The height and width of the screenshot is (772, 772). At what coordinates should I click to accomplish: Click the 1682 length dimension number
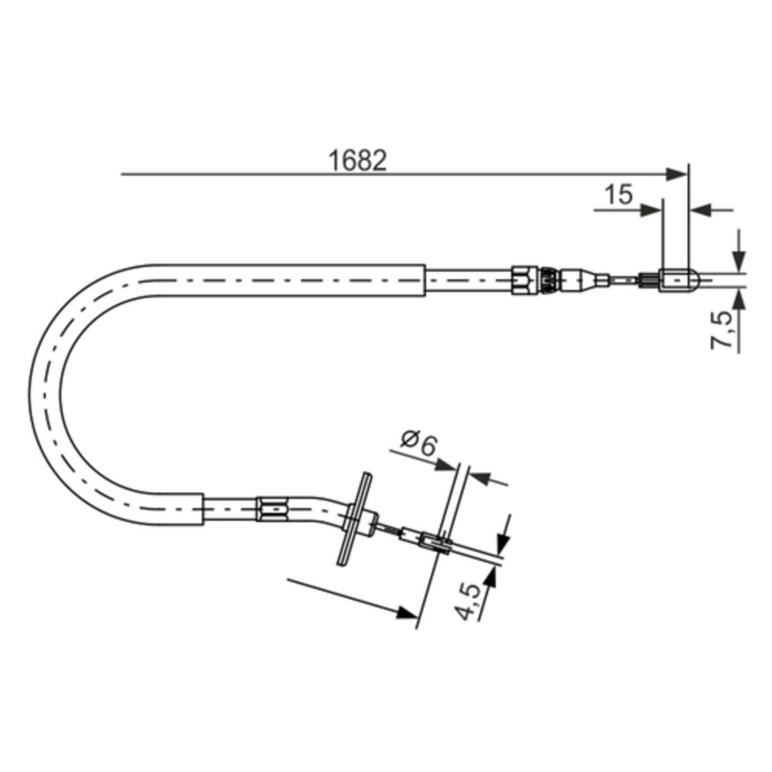coord(357,161)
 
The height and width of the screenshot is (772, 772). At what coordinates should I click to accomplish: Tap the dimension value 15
coord(618,195)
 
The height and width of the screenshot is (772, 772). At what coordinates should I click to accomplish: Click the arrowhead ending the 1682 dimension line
coord(677,174)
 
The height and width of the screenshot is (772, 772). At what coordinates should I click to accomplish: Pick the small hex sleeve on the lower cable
coord(271,510)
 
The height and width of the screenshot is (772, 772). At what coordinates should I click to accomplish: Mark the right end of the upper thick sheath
coord(424,280)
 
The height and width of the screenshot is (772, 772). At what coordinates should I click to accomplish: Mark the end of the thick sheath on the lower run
coord(203,510)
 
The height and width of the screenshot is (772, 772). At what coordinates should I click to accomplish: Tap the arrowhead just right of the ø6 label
coord(446,464)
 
